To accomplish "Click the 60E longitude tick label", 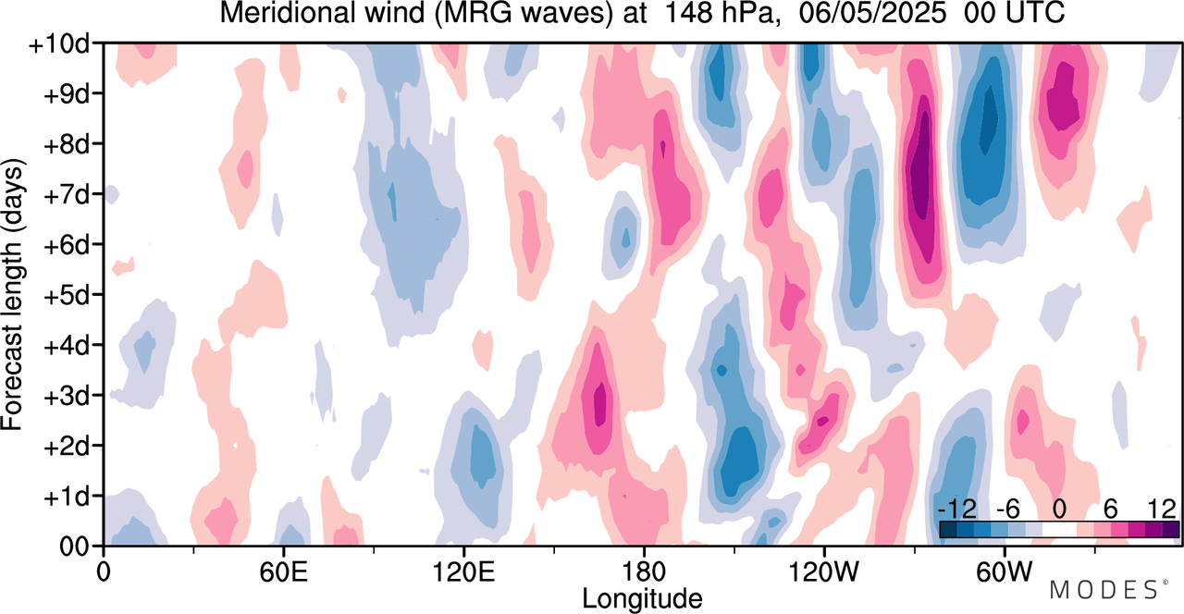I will [x=282, y=567].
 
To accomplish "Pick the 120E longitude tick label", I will [x=462, y=567].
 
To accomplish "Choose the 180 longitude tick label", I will [x=643, y=567].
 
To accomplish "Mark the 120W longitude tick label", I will [x=822, y=567].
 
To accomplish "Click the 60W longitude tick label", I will [x=1003, y=567].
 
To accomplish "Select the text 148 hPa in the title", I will [x=684, y=13].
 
